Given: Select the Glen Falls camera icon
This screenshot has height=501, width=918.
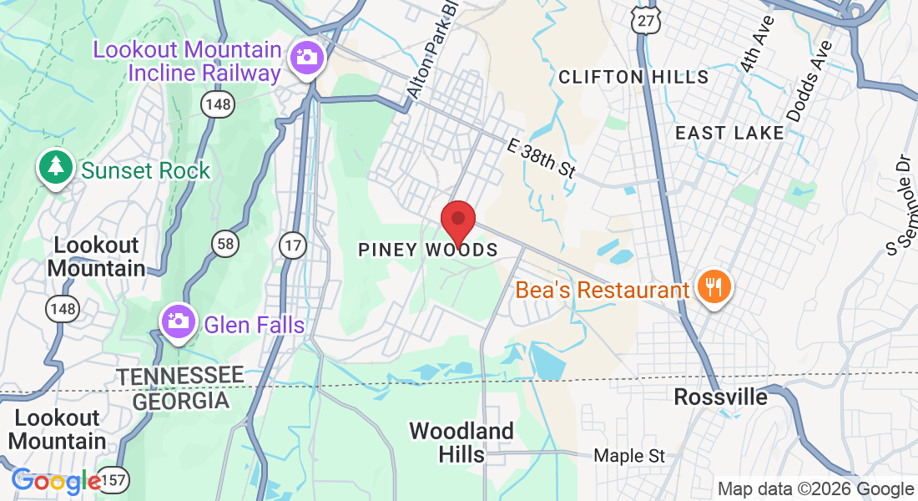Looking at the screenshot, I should coord(177,321).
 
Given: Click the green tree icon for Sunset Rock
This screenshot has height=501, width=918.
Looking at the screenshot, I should coord(56,167).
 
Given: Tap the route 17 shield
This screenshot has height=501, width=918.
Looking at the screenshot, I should coord(293,245).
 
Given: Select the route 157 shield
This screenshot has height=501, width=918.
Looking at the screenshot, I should coord(113,480).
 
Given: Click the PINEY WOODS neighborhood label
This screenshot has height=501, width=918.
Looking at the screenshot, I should coord(427,250).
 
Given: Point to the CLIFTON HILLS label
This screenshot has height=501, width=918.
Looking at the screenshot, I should coord(633,78).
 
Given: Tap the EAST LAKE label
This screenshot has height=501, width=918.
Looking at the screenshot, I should coord(729,133).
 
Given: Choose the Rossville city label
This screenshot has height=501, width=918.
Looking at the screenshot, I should coord(720,397).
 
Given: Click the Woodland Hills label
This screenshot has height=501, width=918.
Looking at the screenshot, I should coord(461,443).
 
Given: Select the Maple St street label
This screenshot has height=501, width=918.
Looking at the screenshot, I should coord(629,456).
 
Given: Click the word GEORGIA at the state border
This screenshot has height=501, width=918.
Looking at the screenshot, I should coord(181,401).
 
